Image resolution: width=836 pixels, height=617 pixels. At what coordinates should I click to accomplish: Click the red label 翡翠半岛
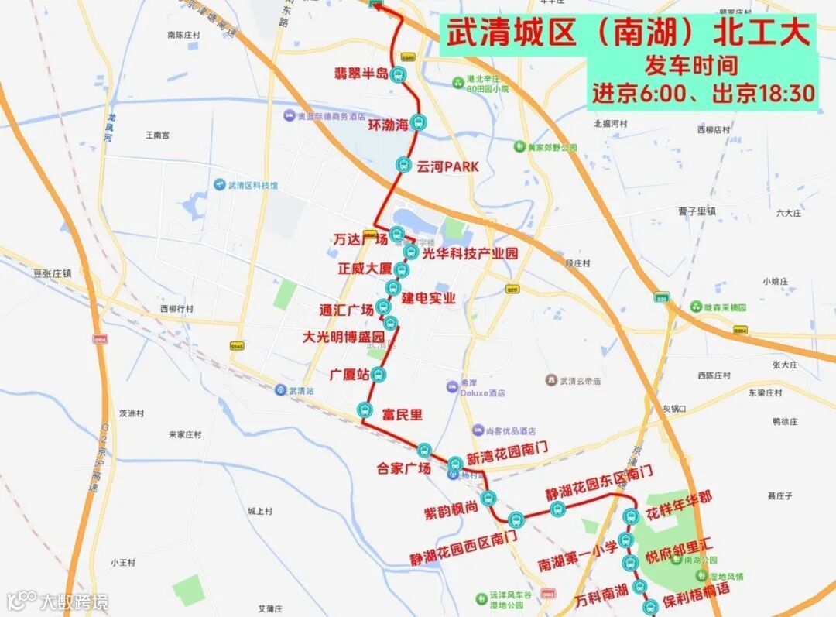coord(361,74)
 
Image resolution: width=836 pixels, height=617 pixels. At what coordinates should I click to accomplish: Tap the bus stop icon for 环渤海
coord(419,122)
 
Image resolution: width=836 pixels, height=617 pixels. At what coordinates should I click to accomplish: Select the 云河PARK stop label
coord(447,166)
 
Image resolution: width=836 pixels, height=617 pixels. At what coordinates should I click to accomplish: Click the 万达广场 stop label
coord(361,239)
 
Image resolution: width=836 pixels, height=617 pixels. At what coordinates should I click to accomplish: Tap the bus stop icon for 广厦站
coord(377,375)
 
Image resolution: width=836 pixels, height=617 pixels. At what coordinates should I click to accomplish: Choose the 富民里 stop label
coord(403,415)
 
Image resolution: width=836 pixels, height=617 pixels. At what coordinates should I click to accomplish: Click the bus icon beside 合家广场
coord(423,450)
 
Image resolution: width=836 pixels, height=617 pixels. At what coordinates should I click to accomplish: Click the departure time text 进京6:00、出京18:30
coord(704,94)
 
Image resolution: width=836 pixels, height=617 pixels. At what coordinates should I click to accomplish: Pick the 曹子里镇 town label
coord(697,211)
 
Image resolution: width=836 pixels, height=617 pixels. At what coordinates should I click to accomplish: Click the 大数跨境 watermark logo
coord(58,601)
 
